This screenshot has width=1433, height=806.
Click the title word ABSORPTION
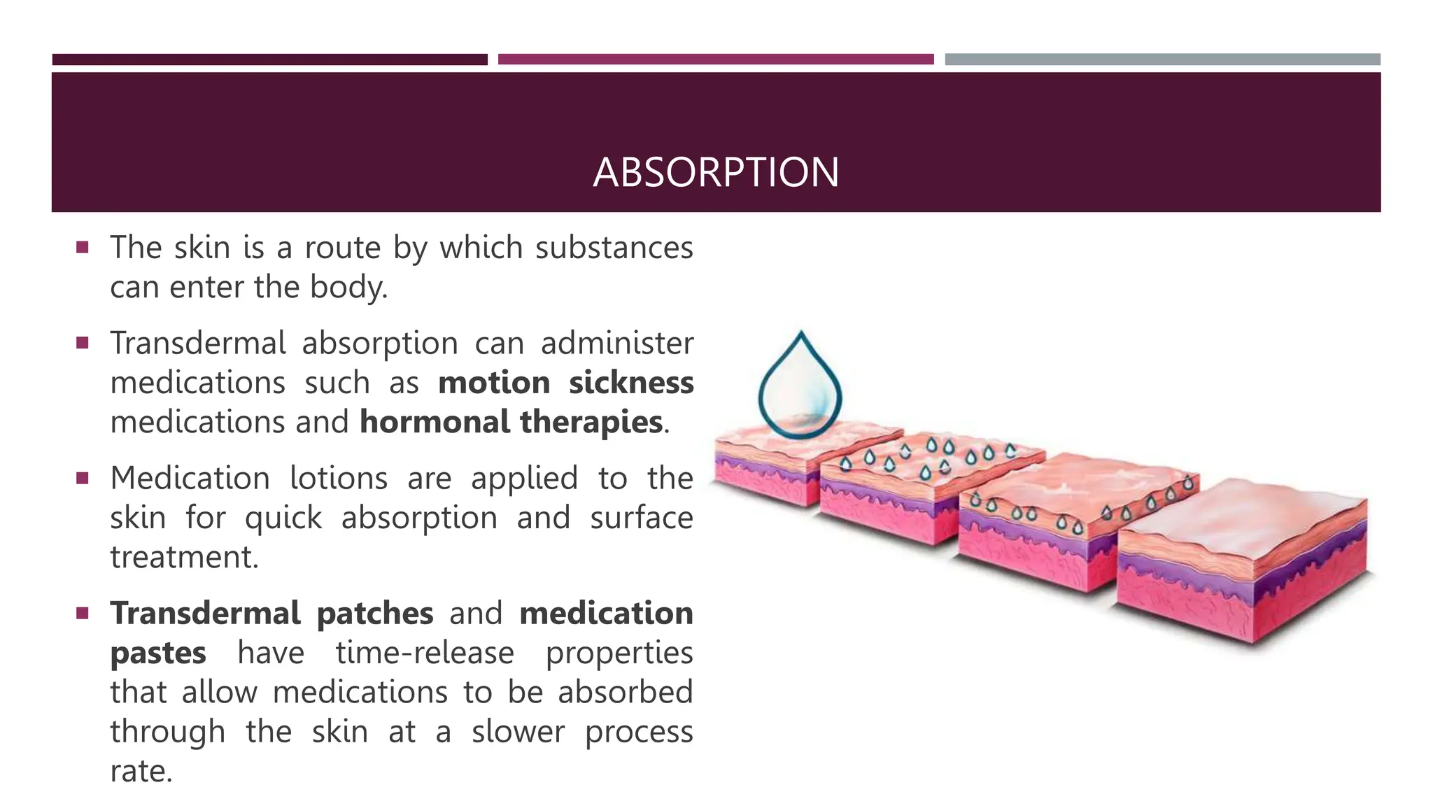pos(716,172)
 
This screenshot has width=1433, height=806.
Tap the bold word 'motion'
pos(494,383)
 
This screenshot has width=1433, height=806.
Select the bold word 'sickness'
pos(631,383)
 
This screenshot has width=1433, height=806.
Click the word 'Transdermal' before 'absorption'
pos(198,344)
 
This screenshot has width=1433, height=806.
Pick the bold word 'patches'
pos(375,614)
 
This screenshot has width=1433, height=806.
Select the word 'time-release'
pos(425,653)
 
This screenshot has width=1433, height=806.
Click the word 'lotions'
pos(339,479)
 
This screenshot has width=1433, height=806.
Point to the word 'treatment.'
pos(185,558)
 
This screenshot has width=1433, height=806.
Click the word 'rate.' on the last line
pos(141,771)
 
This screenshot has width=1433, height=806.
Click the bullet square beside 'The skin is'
pos(83,247)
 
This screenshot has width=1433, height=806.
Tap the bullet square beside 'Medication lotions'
pos(83,479)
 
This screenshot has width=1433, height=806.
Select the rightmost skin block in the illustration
pos(1242,560)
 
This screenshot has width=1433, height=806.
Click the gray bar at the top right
pos(1162,59)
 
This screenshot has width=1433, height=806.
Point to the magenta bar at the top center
pos(716,59)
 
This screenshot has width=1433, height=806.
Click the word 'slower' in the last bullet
pos(518,732)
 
